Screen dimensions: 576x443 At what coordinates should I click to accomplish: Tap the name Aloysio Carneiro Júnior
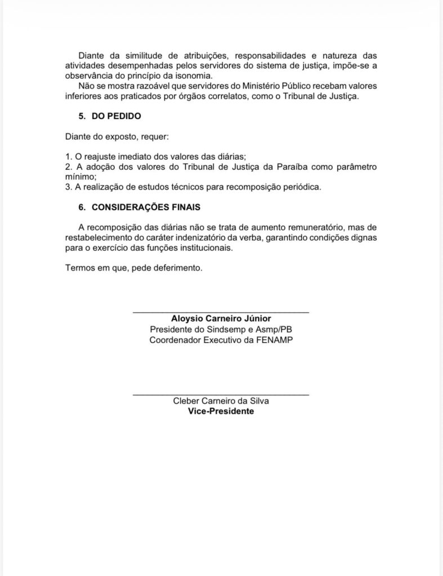coord(221,318)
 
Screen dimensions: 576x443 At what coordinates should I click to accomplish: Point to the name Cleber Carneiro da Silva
coord(221,401)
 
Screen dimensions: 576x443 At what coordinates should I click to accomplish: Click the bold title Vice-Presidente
coord(221,411)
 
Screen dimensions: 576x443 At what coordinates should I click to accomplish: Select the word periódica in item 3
coord(301,187)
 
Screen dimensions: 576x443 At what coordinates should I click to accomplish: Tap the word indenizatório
coord(180,238)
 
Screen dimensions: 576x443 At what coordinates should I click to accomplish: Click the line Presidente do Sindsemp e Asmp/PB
coord(221,329)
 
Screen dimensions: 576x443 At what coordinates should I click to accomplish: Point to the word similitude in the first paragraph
coord(135,56)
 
